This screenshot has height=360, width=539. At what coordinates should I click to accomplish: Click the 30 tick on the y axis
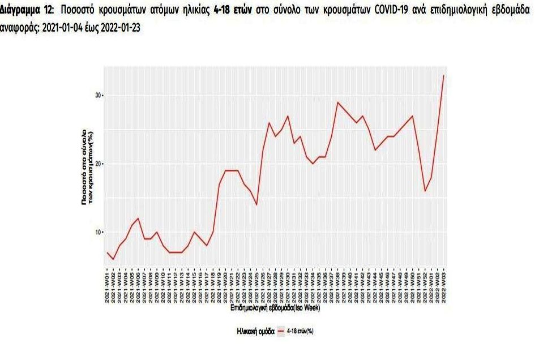tap(98, 95)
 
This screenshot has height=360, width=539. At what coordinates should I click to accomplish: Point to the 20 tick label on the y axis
tap(98, 164)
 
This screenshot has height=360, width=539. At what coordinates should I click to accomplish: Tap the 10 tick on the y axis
tap(98, 232)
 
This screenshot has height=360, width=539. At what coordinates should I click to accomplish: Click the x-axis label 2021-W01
tap(107, 287)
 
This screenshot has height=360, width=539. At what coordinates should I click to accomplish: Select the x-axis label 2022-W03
tap(443, 287)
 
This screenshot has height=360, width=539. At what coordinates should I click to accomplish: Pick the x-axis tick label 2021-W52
tap(425, 287)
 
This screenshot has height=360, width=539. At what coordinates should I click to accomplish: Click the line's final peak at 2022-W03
tap(443, 75)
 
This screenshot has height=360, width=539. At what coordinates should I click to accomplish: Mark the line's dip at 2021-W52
tap(425, 191)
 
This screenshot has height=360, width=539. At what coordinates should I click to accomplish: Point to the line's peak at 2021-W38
tap(338, 102)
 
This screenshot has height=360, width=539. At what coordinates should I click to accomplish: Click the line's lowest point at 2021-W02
tap(113, 259)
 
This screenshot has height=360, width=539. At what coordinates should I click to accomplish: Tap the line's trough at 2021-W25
tap(256, 204)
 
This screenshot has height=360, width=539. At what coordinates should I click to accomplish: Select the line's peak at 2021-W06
tap(138, 218)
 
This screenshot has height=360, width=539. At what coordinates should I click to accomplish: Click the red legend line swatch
tap(280, 331)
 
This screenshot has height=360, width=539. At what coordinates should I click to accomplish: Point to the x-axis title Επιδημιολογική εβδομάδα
tap(275, 309)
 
